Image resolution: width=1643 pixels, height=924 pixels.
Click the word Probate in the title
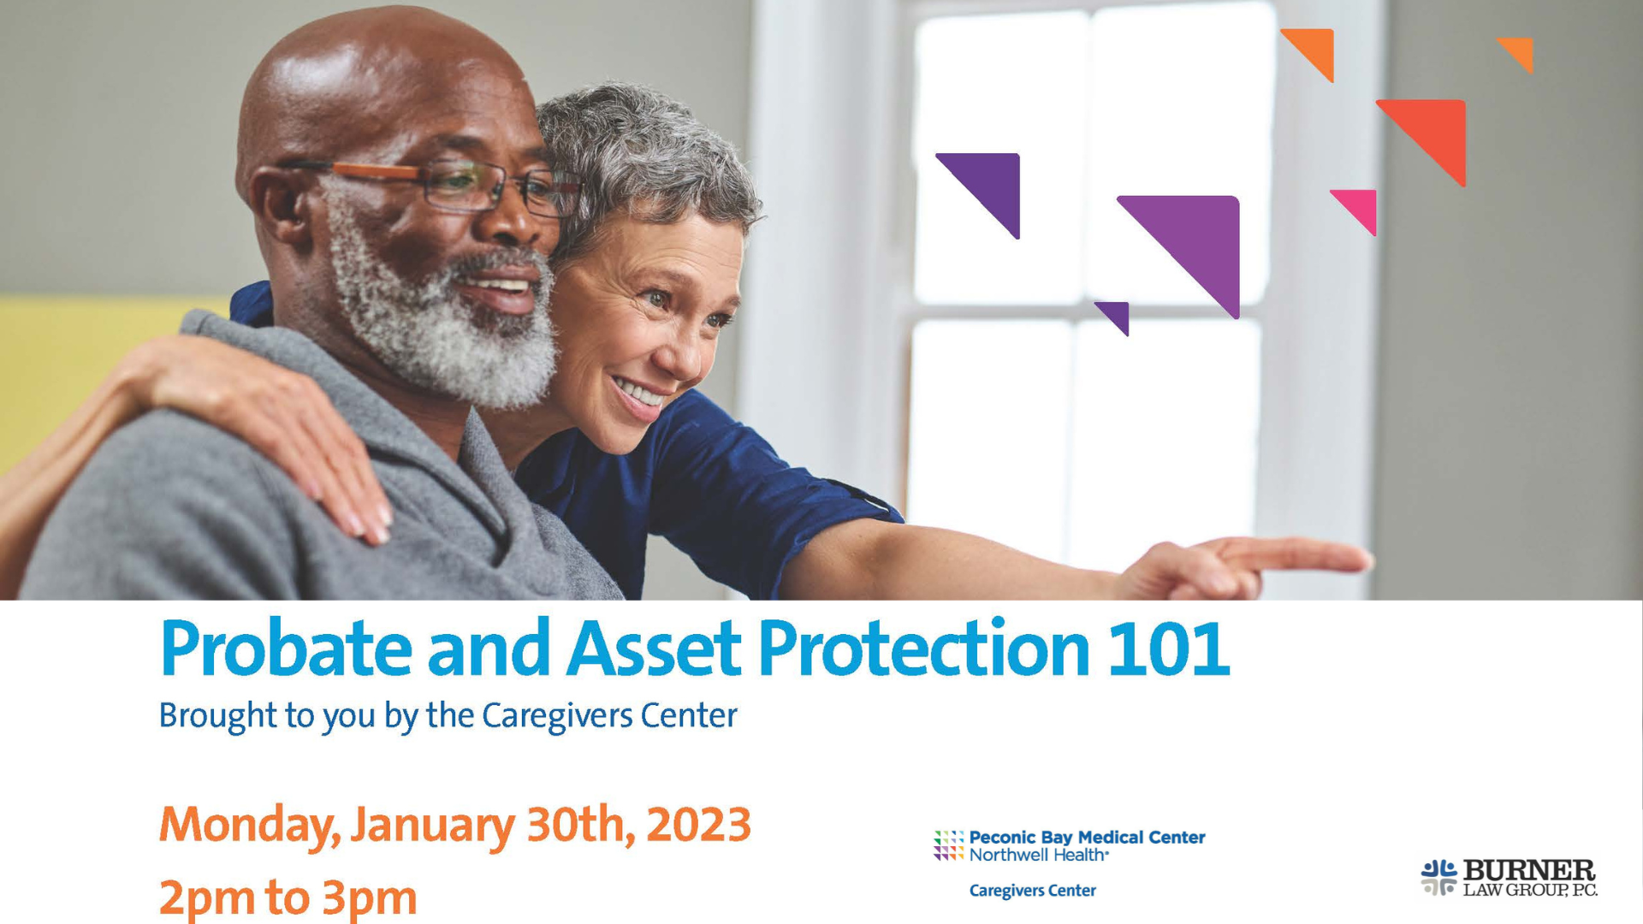tap(286, 649)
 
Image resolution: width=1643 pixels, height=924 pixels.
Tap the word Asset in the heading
tap(654, 648)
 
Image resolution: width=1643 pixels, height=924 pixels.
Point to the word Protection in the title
tap(924, 648)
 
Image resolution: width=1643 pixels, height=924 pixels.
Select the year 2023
tap(698, 824)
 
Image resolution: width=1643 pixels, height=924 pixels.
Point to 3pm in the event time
tap(370, 898)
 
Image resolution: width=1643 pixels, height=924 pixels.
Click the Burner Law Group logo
tap(1510, 878)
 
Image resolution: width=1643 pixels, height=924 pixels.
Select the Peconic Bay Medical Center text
tap(1087, 838)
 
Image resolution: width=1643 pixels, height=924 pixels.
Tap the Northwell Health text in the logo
tap(1039, 855)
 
